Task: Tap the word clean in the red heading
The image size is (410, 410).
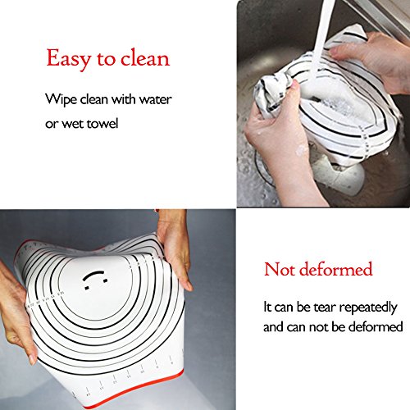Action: click(x=145, y=58)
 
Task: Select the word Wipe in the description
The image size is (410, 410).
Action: click(x=61, y=99)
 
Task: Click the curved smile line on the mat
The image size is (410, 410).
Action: click(x=93, y=275)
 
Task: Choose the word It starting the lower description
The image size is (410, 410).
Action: click(x=267, y=307)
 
